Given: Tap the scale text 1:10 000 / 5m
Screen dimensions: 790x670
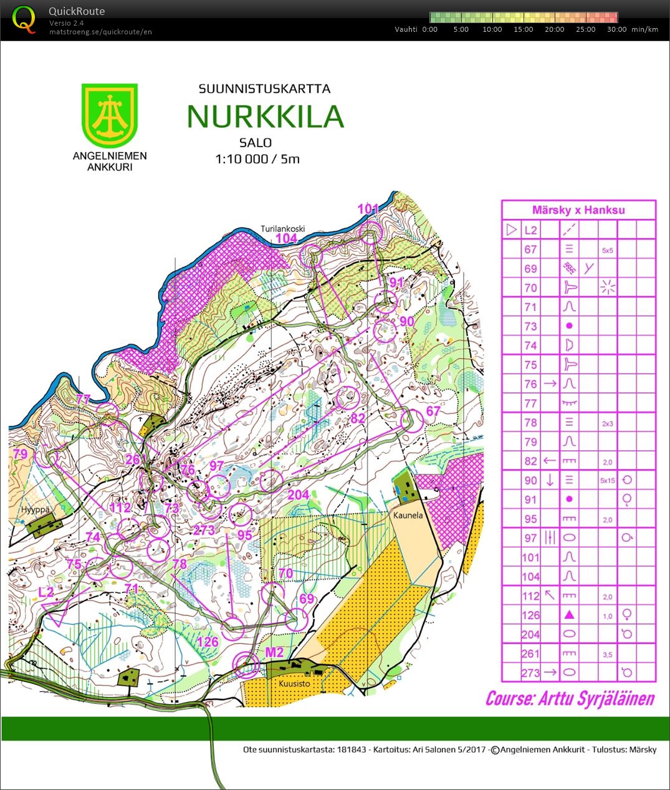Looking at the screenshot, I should point(257,159).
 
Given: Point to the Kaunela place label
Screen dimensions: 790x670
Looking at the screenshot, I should point(408,516).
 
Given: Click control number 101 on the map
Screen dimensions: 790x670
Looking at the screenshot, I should point(368,209).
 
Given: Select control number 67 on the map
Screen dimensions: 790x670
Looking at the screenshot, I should point(433,412).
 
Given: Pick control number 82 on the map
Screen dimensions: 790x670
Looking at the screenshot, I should point(357,418).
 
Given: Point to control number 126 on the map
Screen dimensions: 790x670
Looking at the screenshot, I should point(208,642).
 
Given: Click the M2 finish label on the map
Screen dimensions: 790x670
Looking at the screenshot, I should point(274,652).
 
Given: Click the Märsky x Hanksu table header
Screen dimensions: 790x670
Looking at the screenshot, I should point(578,210).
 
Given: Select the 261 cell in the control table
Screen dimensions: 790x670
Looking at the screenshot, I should point(530,653).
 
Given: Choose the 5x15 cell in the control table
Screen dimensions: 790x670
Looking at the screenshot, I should point(607,481).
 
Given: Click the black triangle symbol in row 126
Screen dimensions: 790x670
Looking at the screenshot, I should point(568,615).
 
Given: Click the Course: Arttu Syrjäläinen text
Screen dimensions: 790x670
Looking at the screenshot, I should point(570,698).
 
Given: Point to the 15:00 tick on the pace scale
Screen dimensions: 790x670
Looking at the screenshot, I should point(523,29).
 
